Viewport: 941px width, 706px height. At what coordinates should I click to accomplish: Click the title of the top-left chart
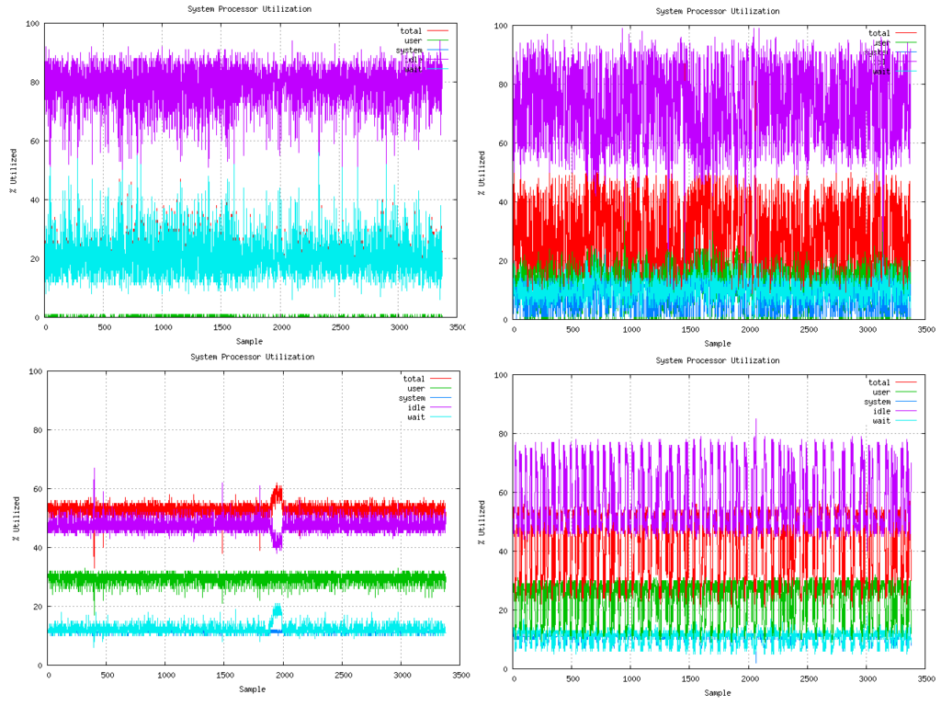click(249, 9)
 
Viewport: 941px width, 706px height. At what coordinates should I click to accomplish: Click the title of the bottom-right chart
click(718, 360)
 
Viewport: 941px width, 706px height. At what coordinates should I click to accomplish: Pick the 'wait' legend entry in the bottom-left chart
click(416, 417)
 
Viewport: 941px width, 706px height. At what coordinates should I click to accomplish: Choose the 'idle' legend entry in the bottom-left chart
click(416, 408)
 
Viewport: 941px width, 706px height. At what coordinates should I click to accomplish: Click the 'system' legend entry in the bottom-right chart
click(877, 402)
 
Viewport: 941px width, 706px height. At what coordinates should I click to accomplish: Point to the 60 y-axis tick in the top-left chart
click(34, 141)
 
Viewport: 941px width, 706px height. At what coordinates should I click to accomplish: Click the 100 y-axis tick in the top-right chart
click(501, 26)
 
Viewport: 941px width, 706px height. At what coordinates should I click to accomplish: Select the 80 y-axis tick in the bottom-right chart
click(503, 434)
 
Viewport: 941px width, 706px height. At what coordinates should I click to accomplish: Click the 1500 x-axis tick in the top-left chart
click(222, 327)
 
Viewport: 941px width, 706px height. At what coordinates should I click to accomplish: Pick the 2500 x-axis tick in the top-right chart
click(808, 330)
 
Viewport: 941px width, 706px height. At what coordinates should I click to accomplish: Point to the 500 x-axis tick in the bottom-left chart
click(108, 676)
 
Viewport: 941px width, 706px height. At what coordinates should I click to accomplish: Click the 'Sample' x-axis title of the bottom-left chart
click(253, 689)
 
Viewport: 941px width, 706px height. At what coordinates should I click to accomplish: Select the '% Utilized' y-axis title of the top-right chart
click(482, 173)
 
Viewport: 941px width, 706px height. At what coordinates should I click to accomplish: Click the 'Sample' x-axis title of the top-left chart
click(249, 341)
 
